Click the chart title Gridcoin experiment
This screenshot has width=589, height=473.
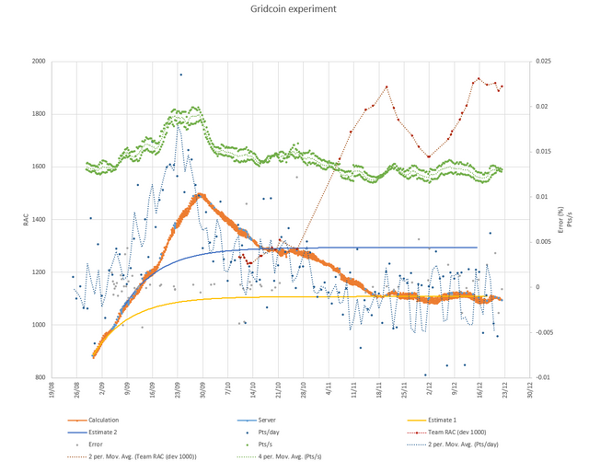[294, 9]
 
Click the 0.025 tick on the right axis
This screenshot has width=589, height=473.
[545, 62]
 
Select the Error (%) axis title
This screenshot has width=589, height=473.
[560, 220]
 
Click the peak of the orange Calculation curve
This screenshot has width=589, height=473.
[198, 195]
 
